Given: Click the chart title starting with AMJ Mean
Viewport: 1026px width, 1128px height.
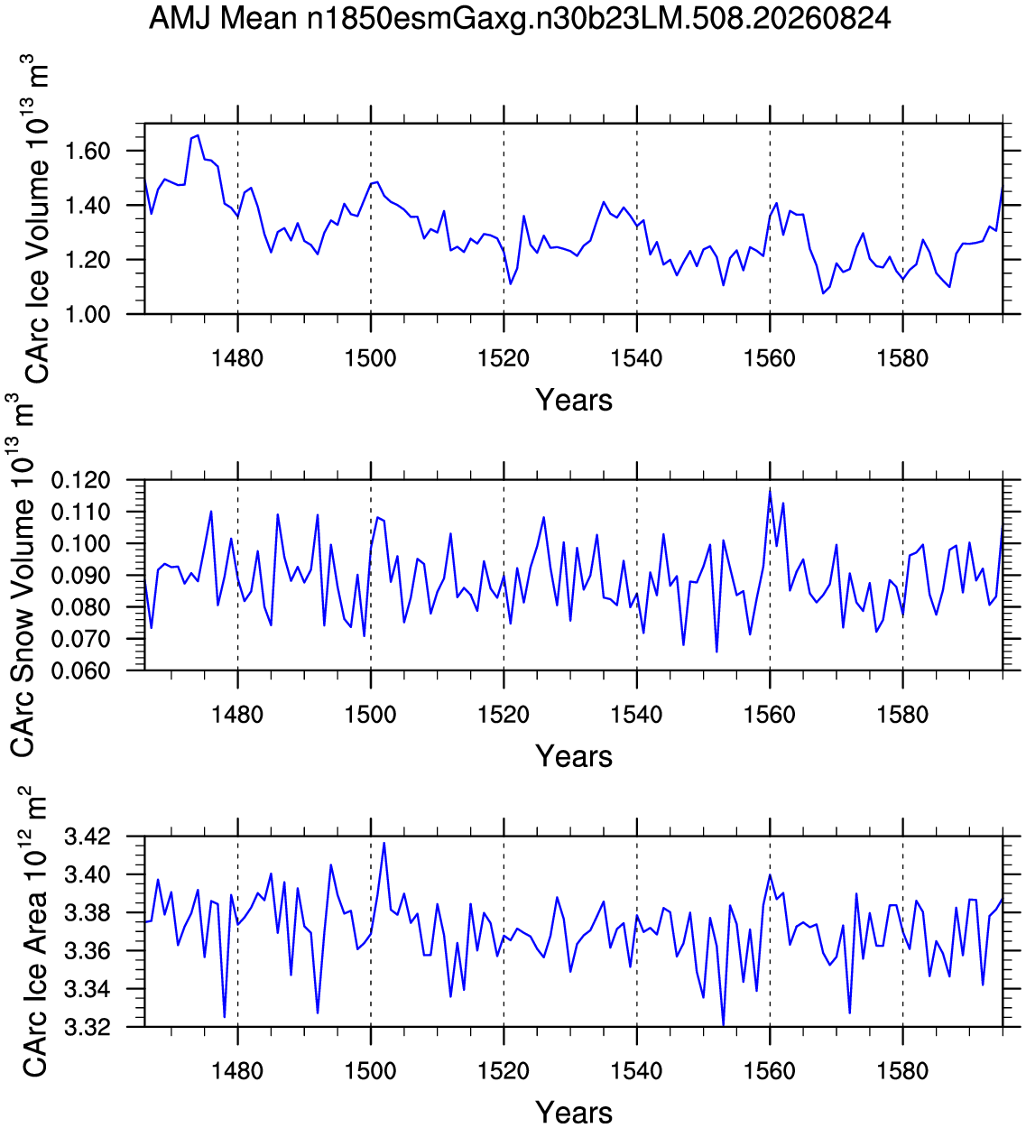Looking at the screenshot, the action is [519, 19].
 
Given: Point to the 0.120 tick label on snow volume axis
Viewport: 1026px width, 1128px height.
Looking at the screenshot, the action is [80, 481].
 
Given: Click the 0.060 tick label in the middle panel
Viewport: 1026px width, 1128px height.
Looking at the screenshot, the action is [80, 670].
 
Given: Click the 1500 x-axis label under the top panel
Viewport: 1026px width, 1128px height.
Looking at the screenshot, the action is [371, 358].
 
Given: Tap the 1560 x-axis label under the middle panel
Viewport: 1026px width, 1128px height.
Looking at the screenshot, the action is [770, 715].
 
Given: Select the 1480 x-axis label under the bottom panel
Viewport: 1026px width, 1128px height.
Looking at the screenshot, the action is [237, 1070].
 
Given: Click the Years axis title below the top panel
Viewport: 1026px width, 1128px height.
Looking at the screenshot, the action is [574, 401].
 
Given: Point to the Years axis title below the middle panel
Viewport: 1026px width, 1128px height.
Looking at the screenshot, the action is [574, 756].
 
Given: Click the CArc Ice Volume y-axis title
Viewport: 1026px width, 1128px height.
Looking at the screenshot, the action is [35, 219].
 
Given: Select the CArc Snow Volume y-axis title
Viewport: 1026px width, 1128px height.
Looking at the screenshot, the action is [22, 575].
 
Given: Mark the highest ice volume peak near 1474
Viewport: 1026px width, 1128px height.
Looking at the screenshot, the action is [198, 135].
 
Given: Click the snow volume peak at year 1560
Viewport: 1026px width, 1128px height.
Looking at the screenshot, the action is [770, 491].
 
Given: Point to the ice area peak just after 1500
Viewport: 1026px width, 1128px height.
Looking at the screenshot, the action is [384, 843].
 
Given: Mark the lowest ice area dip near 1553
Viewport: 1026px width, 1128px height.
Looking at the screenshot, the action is [723, 1025].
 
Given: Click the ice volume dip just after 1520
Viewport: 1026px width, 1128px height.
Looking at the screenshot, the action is [510, 283].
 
